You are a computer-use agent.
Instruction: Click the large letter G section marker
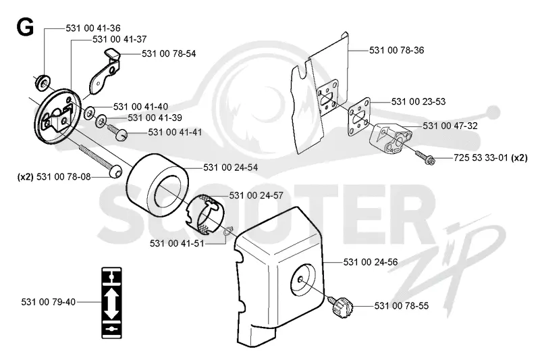[x=25, y=27]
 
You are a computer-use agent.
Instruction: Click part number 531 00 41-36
[x=93, y=28]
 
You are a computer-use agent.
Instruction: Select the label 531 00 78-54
[x=169, y=54]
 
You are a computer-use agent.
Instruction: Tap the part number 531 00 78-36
[x=396, y=50]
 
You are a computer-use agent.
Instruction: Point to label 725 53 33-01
[x=481, y=158]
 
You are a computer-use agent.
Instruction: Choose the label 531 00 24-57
[x=256, y=196]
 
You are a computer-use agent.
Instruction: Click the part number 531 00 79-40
[x=48, y=302]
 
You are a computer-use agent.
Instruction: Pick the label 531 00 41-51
[x=177, y=244]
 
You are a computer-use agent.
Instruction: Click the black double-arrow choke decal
[x=111, y=303]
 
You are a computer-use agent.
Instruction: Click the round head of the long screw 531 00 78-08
[x=115, y=171]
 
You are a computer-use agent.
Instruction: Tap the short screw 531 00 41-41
[x=117, y=132]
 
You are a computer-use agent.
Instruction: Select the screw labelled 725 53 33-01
[x=426, y=157]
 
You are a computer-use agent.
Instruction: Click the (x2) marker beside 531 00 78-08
[x=25, y=177]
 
